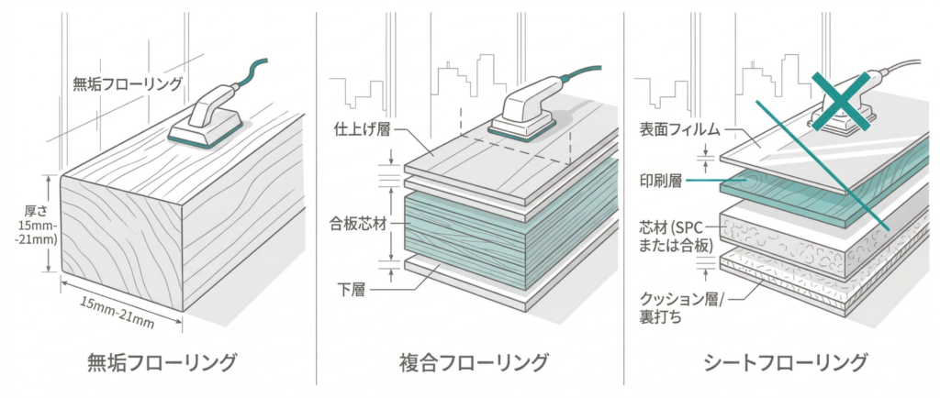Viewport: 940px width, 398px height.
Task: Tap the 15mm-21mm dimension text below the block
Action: (x=117, y=308)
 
